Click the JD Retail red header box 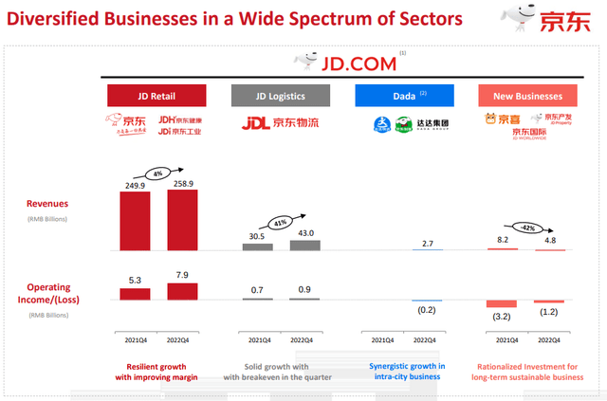[156, 95]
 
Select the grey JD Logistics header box [281, 95]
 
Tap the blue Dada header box [404, 95]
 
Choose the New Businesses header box [527, 95]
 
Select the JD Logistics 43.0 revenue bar [303, 245]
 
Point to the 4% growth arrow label [157, 173]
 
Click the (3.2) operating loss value [502, 318]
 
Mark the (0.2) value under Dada [427, 310]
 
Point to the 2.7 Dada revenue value [426, 244]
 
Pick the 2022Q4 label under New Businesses [549, 340]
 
